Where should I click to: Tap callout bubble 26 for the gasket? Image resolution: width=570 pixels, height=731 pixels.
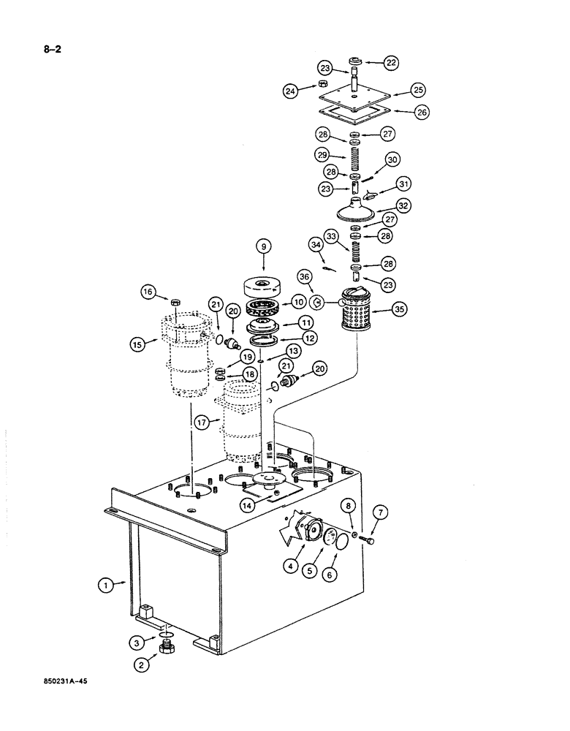[422, 112]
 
